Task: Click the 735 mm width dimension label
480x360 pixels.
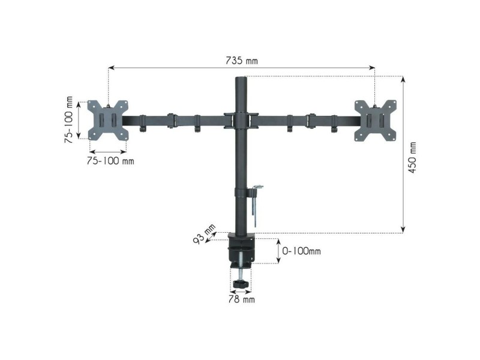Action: [x=242, y=61]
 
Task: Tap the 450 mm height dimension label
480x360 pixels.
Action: [x=412, y=157]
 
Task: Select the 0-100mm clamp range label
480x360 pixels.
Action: [x=301, y=251]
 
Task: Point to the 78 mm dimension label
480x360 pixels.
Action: [x=242, y=299]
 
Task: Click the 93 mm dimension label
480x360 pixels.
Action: [x=204, y=234]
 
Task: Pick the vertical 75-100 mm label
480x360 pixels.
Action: [x=69, y=119]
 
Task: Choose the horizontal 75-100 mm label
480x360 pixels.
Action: [x=110, y=161]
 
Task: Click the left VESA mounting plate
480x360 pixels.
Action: [x=108, y=120]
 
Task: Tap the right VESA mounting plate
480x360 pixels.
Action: [x=376, y=121]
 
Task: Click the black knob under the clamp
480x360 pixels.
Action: [x=241, y=284]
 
